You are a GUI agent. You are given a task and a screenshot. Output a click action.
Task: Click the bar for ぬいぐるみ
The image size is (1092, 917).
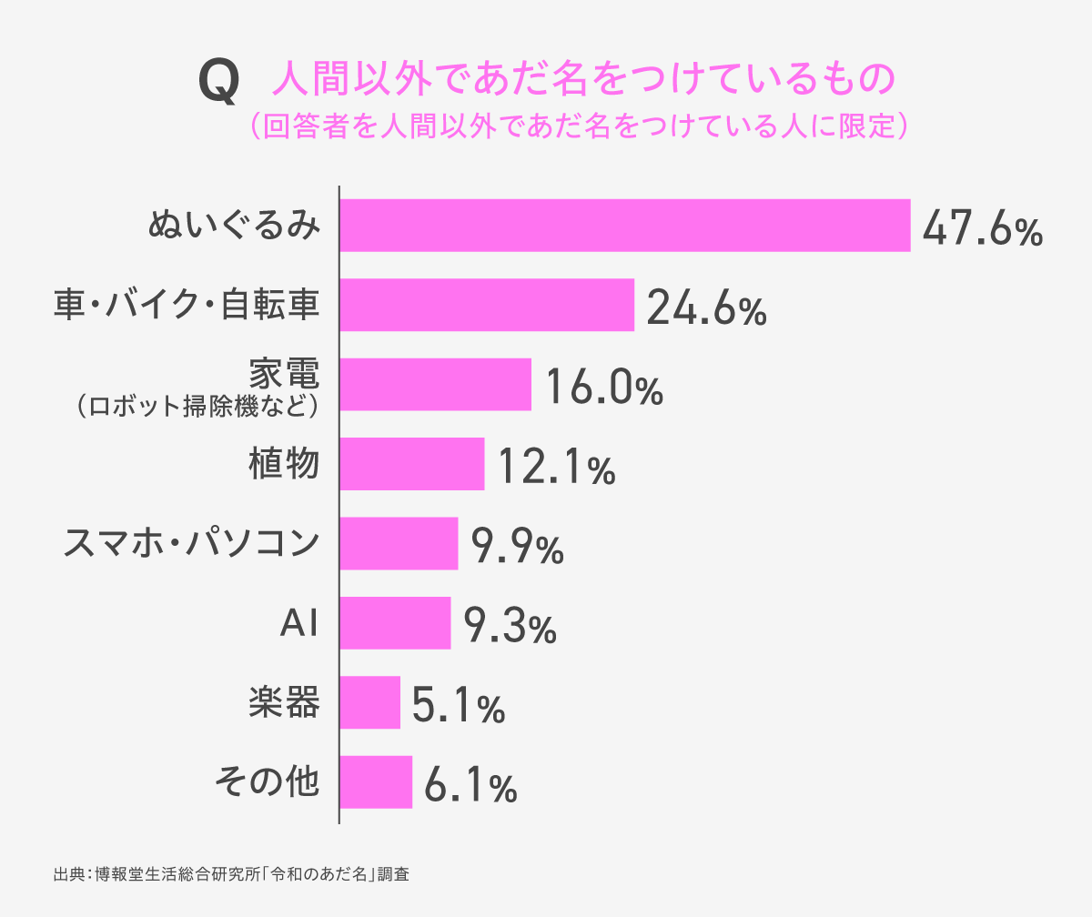pos(624,225)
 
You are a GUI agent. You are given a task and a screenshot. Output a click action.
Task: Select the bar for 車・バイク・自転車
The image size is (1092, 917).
pos(486,305)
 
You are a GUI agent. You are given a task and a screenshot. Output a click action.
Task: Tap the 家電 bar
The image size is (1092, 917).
pos(435,384)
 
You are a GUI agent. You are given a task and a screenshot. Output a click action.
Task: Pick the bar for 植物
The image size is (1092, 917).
pos(411,464)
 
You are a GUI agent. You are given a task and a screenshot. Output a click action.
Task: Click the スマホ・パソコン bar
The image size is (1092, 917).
pos(399,543)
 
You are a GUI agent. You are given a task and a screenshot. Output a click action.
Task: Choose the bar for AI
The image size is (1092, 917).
pos(395,623)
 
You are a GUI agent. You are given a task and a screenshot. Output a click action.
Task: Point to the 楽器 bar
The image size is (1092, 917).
pos(369,702)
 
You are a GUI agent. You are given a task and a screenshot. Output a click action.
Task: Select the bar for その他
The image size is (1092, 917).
pos(376,782)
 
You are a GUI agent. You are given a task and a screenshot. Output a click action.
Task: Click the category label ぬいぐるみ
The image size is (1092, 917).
pos(234,225)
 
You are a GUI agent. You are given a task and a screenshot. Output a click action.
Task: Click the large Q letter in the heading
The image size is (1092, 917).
pos(219,82)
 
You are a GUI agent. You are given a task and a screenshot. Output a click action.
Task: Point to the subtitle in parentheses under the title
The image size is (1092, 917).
pos(579,126)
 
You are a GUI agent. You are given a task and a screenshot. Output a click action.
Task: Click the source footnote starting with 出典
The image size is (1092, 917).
pos(232,875)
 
